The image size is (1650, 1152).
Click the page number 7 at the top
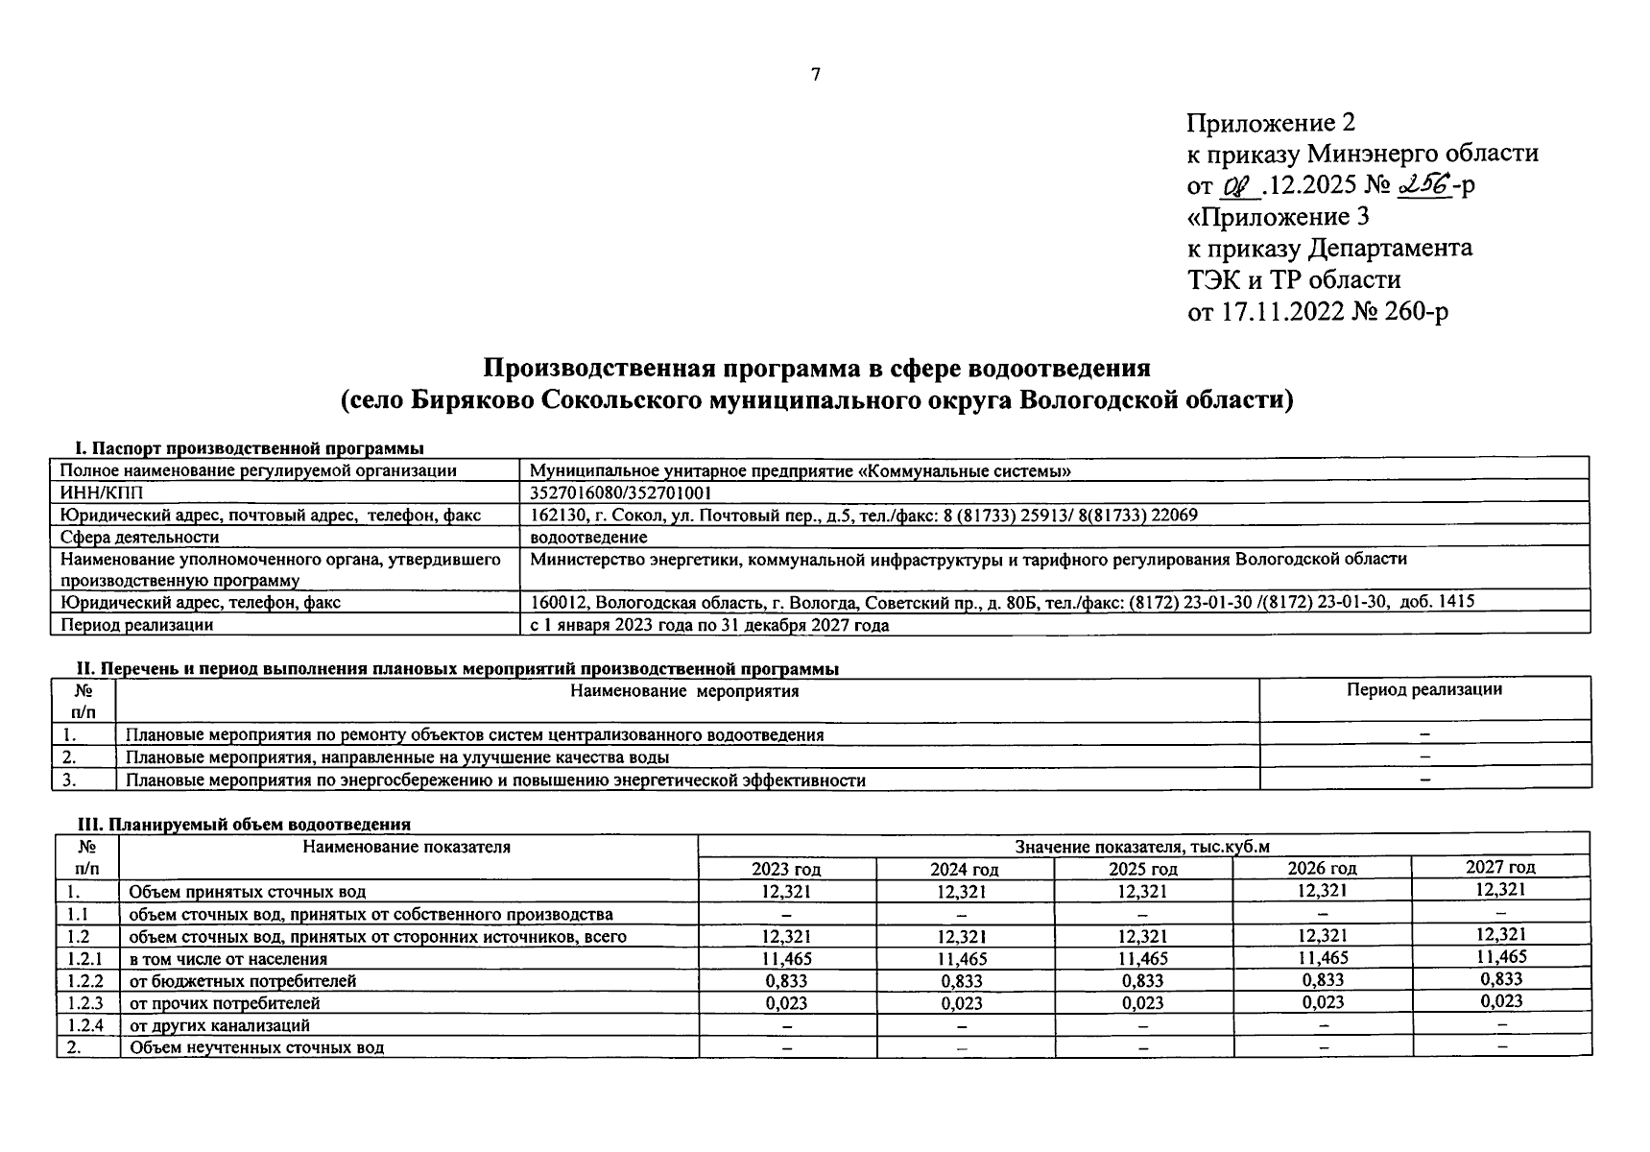pyautogui.click(x=815, y=74)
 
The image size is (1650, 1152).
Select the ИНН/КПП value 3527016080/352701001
pyautogui.click(x=621, y=492)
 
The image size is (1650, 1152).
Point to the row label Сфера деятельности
pyautogui.click(x=139, y=537)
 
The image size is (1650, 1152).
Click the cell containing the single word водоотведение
pyautogui.click(x=588, y=537)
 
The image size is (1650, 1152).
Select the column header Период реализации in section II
pyautogui.click(x=1423, y=689)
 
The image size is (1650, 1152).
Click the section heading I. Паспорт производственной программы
pyautogui.click(x=250, y=448)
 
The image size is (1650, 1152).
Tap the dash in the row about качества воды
pyautogui.click(x=1424, y=756)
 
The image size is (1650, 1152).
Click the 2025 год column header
pyautogui.click(x=1142, y=869)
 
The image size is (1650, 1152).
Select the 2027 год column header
pyautogui.click(x=1500, y=867)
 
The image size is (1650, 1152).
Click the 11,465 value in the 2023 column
pyautogui.click(x=786, y=958)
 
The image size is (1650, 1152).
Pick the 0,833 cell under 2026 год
pyautogui.click(x=1322, y=980)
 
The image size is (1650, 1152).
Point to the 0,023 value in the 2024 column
pyautogui.click(x=964, y=1003)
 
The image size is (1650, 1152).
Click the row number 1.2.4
pyautogui.click(x=85, y=1025)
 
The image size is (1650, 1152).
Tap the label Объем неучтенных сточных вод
pyautogui.click(x=256, y=1047)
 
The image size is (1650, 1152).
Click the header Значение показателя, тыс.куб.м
pyautogui.click(x=1142, y=847)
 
